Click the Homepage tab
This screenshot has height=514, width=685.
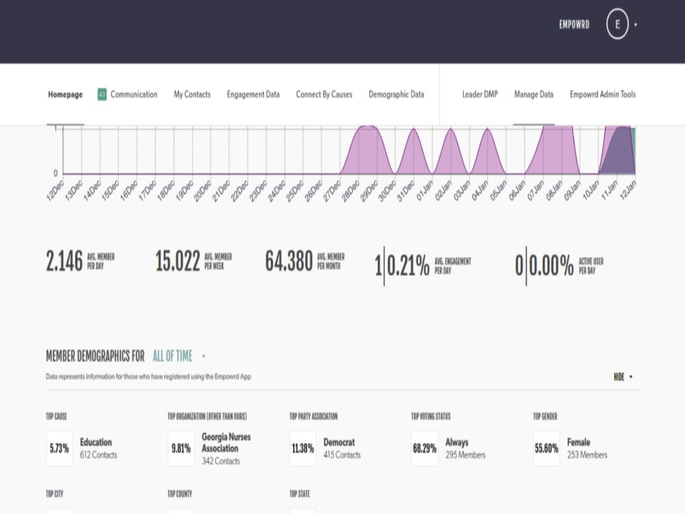coord(65,95)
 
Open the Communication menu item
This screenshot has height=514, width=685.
coord(134,95)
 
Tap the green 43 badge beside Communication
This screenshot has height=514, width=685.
coord(102,95)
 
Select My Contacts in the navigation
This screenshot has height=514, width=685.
coord(192,95)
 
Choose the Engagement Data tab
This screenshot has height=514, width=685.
coord(253,95)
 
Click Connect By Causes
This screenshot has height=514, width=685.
coord(324,95)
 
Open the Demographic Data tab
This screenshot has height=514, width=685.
coord(396,95)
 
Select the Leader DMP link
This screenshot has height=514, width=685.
coord(480,95)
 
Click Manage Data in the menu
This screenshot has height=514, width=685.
coord(534,95)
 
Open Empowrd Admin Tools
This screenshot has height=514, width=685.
coord(603,95)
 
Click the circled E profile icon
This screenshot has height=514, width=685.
coord(617,25)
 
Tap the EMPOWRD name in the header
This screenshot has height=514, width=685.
coord(574,25)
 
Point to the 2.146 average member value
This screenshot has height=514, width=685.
coord(64,261)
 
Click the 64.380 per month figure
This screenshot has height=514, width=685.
coord(289,261)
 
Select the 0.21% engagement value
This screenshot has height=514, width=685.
coord(408,266)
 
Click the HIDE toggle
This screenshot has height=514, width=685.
coord(623,377)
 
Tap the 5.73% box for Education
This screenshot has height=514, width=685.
coord(60,448)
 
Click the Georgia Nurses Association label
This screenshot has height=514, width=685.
coord(226,442)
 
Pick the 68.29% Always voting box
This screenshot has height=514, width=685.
coord(425,448)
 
